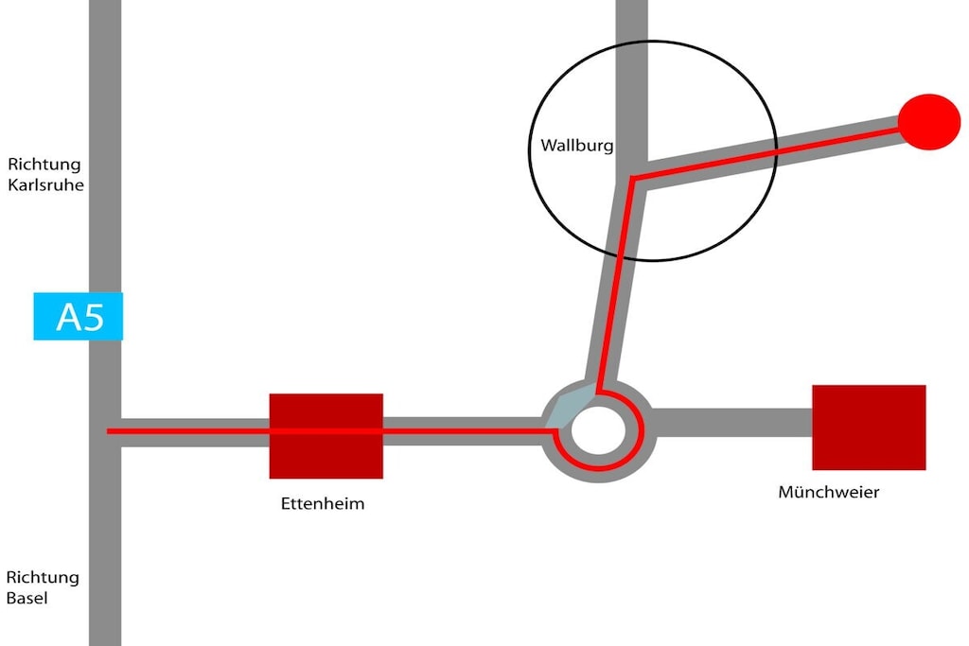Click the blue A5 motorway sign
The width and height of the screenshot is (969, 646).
point(78,316)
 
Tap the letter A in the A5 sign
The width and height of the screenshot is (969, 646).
point(68,318)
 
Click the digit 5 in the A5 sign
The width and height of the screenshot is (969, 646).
point(93,318)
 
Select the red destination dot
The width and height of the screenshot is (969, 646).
point(929,122)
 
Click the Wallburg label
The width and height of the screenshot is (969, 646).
point(576,146)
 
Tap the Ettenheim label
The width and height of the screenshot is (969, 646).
point(323,503)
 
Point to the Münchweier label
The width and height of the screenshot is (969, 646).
point(828,492)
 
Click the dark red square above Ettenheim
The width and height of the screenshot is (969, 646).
point(326,436)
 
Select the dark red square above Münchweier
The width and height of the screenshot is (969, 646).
point(869,428)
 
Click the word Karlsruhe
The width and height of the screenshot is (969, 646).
point(45,184)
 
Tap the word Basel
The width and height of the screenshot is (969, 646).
point(26,598)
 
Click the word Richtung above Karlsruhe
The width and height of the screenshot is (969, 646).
point(44,165)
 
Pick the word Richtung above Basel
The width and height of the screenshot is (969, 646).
point(43,578)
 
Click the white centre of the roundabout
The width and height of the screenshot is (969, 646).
point(598,430)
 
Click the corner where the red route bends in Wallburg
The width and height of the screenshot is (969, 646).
point(632,179)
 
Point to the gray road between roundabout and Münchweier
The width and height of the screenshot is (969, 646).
point(732,422)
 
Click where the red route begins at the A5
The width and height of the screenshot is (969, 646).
point(109,431)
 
